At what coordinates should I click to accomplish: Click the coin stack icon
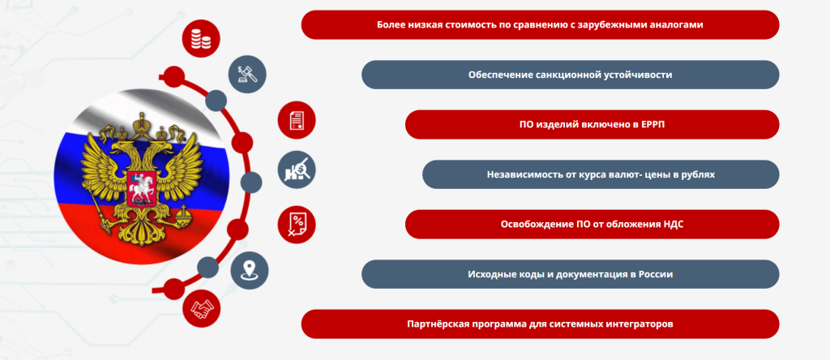pyautogui.click(x=201, y=38)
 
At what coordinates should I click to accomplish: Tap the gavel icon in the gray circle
pyautogui.click(x=247, y=75)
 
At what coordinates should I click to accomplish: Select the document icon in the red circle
pyautogui.click(x=297, y=120)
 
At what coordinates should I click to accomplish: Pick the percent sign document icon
pyautogui.click(x=297, y=224)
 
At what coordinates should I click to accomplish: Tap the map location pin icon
pyautogui.click(x=250, y=271)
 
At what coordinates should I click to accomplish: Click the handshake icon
pyautogui.click(x=201, y=309)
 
